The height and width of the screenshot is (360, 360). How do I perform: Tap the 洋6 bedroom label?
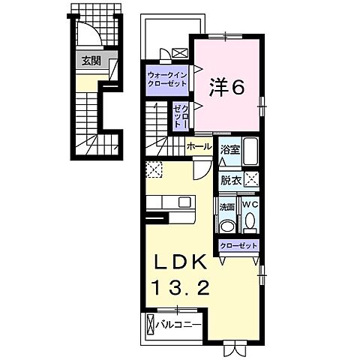(227, 88)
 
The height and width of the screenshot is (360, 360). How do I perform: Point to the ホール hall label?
(199, 146)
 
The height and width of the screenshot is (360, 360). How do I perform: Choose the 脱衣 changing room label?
(229, 179)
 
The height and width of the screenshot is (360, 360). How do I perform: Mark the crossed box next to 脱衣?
(252, 179)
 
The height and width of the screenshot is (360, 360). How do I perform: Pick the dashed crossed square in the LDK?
(153, 170)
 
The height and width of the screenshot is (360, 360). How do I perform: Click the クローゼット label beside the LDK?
(238, 245)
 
